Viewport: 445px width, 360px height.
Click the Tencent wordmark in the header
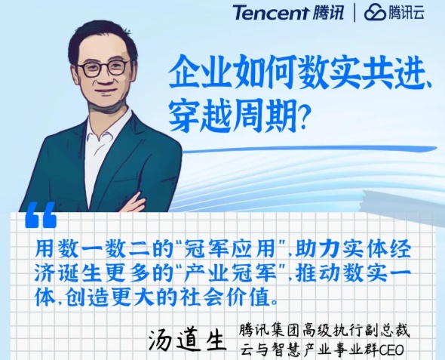click(x=272, y=13)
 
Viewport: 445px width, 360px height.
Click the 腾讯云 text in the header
click(x=407, y=13)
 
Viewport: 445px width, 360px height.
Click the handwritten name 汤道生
click(x=187, y=340)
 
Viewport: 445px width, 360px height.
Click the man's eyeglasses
click(x=103, y=69)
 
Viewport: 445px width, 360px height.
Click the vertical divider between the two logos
click(x=354, y=13)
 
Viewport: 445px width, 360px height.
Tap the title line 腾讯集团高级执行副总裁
click(x=324, y=331)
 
